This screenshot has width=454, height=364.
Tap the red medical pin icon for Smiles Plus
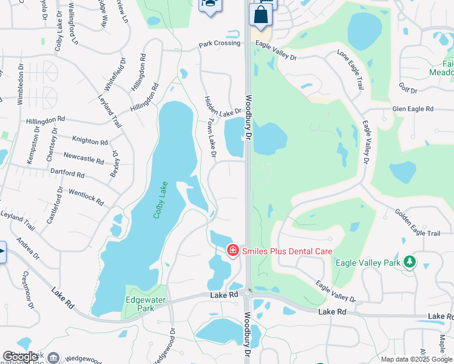click(x=232, y=250)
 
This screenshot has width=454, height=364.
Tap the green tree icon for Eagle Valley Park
click(x=411, y=261)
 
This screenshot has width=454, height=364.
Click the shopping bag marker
click(x=261, y=15)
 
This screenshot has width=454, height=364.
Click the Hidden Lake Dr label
click(x=223, y=107)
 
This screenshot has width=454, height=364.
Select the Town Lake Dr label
click(x=209, y=138)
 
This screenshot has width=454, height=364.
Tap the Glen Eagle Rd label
click(x=413, y=109)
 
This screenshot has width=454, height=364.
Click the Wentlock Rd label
click(x=86, y=196)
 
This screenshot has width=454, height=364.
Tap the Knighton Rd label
click(x=90, y=141)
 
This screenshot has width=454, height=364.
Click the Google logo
click(x=20, y=357)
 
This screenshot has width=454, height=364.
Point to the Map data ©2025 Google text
click(x=417, y=359)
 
